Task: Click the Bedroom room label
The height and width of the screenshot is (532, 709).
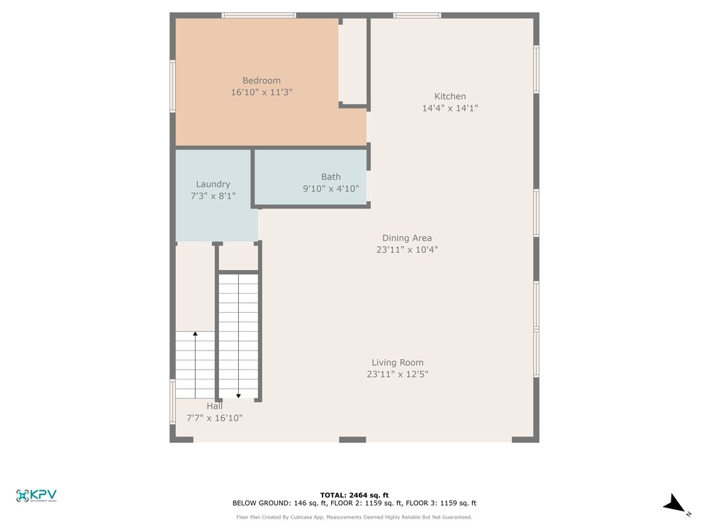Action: click(262, 81)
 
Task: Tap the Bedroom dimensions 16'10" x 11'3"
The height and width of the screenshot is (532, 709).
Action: click(262, 92)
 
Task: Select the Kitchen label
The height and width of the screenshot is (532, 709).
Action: click(450, 96)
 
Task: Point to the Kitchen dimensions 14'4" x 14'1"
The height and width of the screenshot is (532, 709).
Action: click(450, 108)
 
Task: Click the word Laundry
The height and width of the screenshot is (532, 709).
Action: click(213, 184)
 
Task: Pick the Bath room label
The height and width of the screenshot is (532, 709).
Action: click(331, 177)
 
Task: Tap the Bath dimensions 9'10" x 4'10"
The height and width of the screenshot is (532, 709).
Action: click(331, 189)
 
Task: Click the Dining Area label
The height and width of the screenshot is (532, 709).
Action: click(407, 238)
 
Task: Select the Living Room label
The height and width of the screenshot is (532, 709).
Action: click(398, 362)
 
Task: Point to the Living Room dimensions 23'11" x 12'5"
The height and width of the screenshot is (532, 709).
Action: click(398, 374)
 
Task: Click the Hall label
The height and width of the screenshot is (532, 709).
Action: click(215, 406)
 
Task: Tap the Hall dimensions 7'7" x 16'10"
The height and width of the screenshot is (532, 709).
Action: click(215, 418)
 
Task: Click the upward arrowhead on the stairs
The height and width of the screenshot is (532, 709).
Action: click(196, 334)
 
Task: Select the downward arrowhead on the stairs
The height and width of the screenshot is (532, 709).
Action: click(238, 396)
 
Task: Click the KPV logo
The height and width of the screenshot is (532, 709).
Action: click(36, 496)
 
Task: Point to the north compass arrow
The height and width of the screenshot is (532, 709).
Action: click(675, 504)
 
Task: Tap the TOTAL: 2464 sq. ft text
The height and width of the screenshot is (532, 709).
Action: click(354, 495)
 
